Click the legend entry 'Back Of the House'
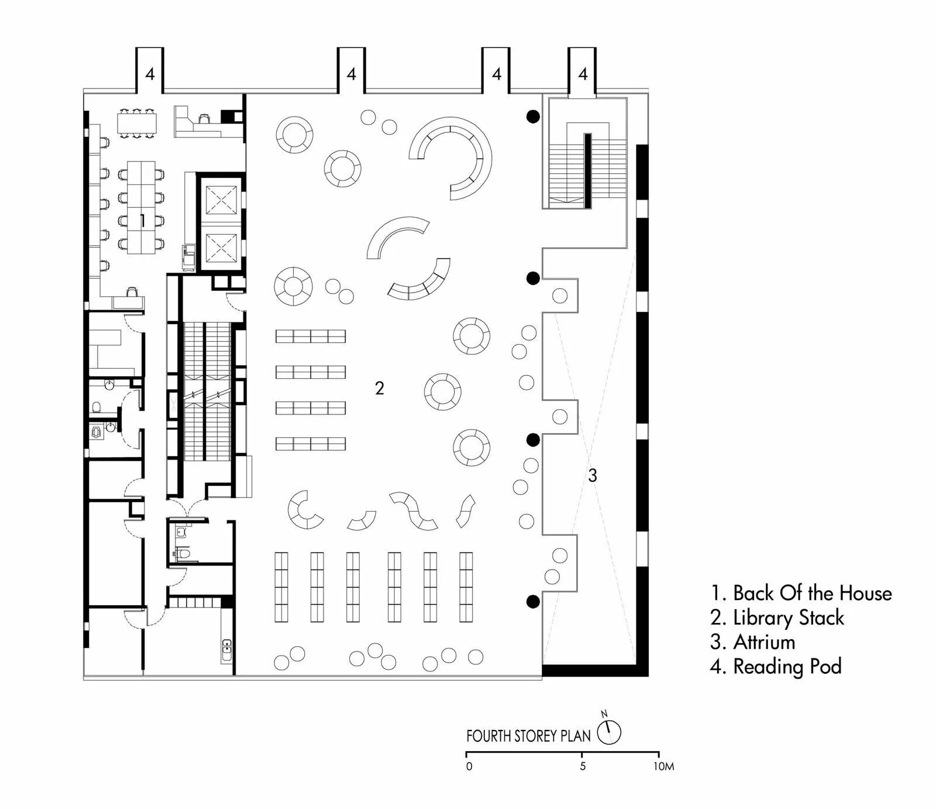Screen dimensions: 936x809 coord(801,593)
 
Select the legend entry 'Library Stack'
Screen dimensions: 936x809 coord(777,618)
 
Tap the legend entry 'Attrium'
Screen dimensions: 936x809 coord(753,642)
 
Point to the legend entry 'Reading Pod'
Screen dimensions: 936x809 coord(776,666)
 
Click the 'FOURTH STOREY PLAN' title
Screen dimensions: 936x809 coord(528,736)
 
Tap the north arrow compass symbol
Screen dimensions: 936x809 coord(609,732)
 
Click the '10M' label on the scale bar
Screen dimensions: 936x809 coord(664,767)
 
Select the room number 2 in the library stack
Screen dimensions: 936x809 coord(380,388)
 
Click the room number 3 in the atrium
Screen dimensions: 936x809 coord(593,476)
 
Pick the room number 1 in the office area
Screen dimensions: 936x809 coord(142,221)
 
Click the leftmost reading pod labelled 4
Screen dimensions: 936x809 coord(150,73)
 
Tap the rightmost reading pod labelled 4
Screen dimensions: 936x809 coord(583,73)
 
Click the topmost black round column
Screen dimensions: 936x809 coord(532,116)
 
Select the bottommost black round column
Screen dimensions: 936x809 coord(532,601)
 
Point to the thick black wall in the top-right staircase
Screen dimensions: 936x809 coord(587,170)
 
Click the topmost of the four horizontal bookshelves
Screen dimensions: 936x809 coord(311,336)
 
